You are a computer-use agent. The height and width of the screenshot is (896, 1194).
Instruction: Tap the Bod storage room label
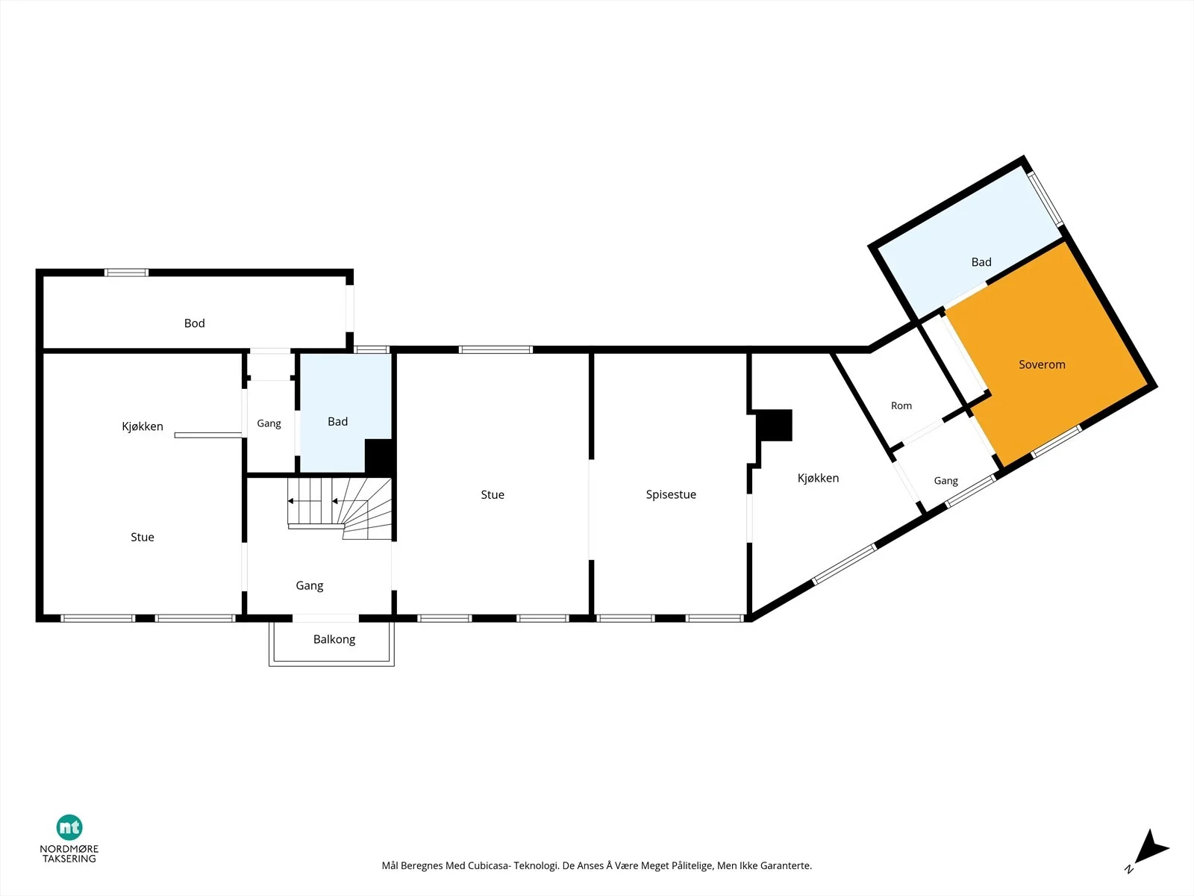pos(194,323)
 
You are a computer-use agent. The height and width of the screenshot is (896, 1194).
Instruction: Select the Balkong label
pos(334,639)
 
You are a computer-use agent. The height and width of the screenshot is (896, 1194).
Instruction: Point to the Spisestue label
pos(671,494)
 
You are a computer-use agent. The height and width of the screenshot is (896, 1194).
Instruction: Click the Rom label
pos(901,406)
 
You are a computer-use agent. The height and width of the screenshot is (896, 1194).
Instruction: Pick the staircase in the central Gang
pos(340,508)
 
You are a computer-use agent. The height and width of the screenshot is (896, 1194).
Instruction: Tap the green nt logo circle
pos(69,827)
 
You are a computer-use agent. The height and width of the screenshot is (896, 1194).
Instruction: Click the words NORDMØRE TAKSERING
pos(69,853)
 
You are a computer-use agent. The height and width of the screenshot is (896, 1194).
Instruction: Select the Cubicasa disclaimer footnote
pos(596,865)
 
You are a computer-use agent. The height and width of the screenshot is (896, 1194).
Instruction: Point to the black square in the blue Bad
pos(378,456)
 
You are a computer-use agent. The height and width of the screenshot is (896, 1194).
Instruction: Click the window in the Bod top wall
pos(126,273)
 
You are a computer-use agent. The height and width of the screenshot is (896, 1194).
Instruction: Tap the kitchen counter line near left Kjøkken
pos(207,435)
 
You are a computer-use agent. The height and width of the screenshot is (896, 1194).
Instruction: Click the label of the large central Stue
pos(493,494)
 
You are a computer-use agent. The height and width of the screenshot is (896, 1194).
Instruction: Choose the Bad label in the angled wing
pos(981,262)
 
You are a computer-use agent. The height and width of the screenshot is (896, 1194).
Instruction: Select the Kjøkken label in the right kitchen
pos(818,478)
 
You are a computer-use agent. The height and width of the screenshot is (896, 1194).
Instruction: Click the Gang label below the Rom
pos(946,481)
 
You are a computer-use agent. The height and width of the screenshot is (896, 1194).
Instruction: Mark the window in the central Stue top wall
pos(496,349)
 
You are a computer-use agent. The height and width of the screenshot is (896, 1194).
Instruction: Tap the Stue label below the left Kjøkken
pos(143,538)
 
